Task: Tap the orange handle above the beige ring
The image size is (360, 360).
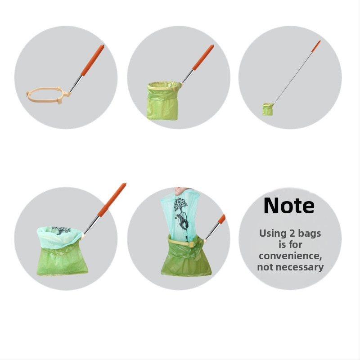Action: pyautogui.click(x=92, y=60)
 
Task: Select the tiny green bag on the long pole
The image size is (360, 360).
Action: pyautogui.click(x=268, y=109)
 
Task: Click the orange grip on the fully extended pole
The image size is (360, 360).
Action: pyautogui.click(x=316, y=46)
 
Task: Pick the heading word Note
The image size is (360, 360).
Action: pyautogui.click(x=289, y=206)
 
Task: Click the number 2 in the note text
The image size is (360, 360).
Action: pyautogui.click(x=292, y=234)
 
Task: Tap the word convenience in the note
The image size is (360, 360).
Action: pyautogui.click(x=290, y=256)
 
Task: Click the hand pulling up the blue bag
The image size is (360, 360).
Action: pyautogui.click(x=182, y=190)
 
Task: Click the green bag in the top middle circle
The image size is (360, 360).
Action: pyautogui.click(x=163, y=100)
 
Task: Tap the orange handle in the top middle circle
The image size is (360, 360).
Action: pyautogui.click(x=203, y=58)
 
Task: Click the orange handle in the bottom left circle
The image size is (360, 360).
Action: pyautogui.click(x=112, y=200)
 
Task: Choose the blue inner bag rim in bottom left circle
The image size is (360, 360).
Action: pyautogui.click(x=59, y=237)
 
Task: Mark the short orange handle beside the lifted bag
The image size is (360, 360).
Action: pyautogui.click(x=222, y=219)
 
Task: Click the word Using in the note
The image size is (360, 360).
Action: pyautogui.click(x=273, y=234)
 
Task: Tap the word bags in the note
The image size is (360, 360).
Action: pyautogui.click(x=309, y=234)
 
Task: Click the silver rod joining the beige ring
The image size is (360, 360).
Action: pyautogui.click(x=76, y=84)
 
